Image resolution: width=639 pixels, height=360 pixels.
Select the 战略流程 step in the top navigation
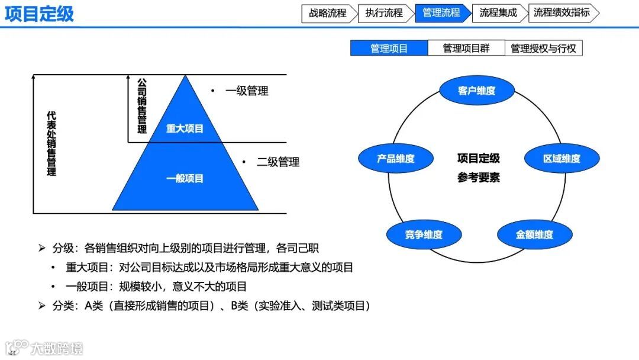tap(328, 13)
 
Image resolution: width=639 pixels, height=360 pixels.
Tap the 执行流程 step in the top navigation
tap(383, 13)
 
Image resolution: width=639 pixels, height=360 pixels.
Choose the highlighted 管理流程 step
tap(441, 13)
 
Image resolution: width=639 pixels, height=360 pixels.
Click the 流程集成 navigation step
tap(498, 13)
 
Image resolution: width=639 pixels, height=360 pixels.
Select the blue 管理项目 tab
tap(389, 49)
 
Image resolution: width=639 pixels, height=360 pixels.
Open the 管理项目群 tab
tap(466, 49)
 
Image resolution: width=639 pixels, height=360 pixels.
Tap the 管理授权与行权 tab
tap(543, 49)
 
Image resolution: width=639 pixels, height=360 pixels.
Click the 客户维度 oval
tap(476, 91)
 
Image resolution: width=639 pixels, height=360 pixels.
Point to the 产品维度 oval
tap(396, 159)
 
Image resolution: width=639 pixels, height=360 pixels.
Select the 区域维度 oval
tap(561, 159)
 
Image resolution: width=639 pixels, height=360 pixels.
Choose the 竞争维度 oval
tap(424, 234)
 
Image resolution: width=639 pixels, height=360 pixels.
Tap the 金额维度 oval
tap(534, 234)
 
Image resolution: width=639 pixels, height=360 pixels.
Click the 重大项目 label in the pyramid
tap(185, 128)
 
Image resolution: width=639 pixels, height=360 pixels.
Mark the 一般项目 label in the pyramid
tap(185, 178)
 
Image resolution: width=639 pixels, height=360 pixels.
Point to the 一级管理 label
tap(247, 91)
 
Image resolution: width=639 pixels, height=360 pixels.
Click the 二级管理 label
tap(278, 162)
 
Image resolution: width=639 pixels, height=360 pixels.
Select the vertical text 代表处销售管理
tap(51, 143)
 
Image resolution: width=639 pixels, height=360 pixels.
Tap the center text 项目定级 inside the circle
tap(478, 159)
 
